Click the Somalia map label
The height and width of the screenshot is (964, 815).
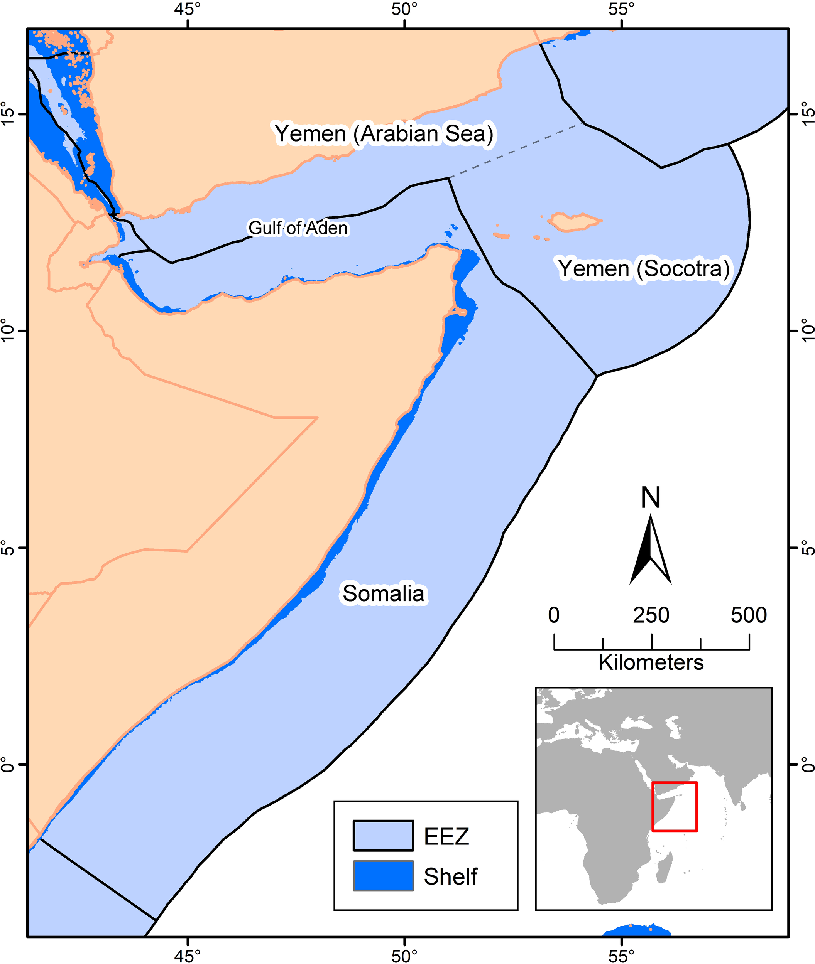383,593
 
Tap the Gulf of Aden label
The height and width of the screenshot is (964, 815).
298,228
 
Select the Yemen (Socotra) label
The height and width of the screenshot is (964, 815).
644,269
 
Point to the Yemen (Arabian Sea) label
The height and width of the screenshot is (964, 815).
384,134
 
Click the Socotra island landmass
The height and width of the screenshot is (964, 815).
573,222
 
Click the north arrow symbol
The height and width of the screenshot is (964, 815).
651,549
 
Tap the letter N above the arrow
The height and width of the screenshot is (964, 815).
651,498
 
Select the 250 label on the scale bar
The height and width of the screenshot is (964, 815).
651,615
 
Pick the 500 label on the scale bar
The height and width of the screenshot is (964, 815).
749,615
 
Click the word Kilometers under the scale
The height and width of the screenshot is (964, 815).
651,662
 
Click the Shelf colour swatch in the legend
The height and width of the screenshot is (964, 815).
383,876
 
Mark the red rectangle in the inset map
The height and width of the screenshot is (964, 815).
674,807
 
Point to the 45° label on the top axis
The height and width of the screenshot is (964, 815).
188,9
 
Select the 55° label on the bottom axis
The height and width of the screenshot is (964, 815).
621,955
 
